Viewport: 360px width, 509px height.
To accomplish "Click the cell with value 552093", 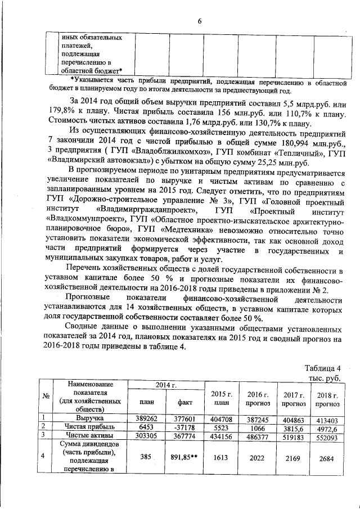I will (x=327, y=436).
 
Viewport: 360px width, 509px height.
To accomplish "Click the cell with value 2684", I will (x=327, y=459).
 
